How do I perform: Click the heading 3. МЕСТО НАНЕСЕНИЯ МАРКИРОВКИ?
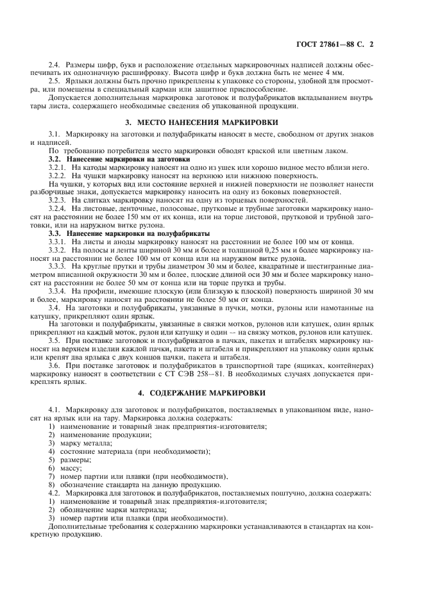point(212,121)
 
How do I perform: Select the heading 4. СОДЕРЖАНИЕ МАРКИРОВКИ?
point(212,391)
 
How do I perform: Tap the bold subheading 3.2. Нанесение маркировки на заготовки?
point(110,158)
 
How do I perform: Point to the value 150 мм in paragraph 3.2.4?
point(128,216)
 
